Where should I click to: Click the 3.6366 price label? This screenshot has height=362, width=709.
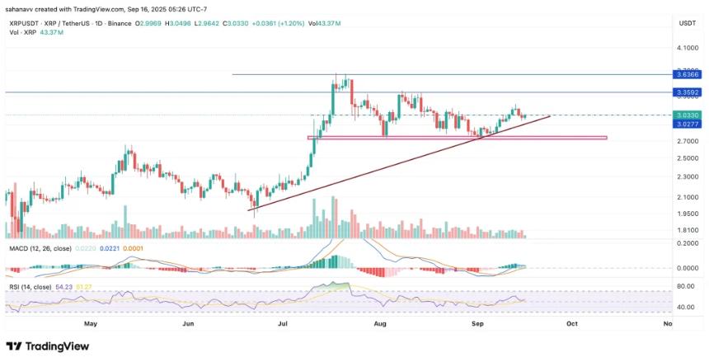tap(687, 74)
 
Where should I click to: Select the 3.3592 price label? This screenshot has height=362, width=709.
tap(687, 92)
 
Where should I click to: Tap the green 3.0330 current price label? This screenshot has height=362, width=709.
tap(687, 115)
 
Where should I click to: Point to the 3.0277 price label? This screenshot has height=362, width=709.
tap(687, 125)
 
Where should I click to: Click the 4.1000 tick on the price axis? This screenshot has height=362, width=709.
tap(687, 49)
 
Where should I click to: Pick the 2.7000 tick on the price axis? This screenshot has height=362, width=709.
tap(687, 142)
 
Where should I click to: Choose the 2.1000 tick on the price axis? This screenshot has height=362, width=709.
tap(687, 196)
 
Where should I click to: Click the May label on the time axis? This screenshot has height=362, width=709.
tap(91, 324)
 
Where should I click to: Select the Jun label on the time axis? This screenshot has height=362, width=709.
tap(189, 324)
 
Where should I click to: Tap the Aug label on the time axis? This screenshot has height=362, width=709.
tap(380, 324)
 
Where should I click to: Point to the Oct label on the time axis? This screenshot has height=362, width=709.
tap(572, 324)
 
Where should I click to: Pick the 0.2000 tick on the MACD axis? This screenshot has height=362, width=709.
tap(687, 243)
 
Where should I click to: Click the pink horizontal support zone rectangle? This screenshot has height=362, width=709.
tap(458, 138)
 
